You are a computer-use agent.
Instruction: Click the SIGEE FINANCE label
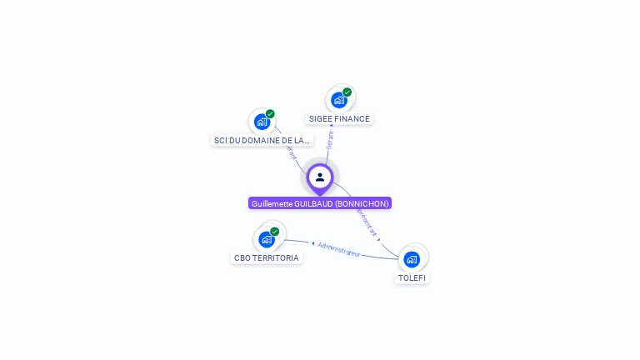[339, 119]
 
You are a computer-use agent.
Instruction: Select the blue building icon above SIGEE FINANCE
[338, 100]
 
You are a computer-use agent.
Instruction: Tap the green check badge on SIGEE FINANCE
[347, 92]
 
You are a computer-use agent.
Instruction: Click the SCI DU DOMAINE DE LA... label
[262, 141]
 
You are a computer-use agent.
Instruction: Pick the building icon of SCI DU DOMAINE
[262, 122]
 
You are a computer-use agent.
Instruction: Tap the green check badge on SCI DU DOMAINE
[270, 114]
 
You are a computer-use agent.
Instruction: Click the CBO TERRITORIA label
[267, 258]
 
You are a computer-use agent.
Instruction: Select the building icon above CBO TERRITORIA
[266, 239]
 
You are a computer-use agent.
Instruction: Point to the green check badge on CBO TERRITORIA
[274, 232]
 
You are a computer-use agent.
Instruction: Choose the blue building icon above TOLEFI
[412, 259]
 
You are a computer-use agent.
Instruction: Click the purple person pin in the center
[320, 177]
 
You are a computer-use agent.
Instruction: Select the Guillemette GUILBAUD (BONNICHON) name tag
[320, 203]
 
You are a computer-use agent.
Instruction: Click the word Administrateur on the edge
[339, 249]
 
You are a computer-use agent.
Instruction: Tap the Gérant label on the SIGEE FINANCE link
[330, 139]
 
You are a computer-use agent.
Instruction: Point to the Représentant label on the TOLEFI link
[367, 221]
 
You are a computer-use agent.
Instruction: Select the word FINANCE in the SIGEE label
[352, 119]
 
